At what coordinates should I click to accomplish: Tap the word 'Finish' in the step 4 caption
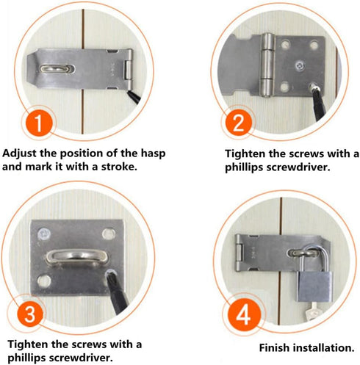[x=277, y=347]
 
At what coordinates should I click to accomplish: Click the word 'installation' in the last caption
[x=327, y=347]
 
